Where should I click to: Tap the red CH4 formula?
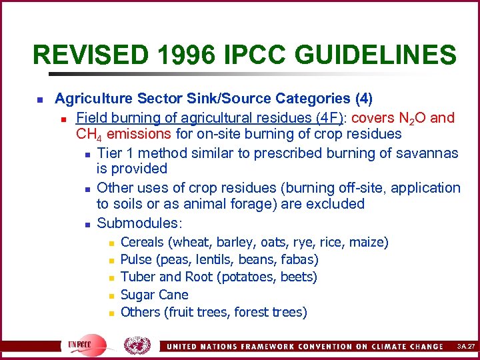point(89,135)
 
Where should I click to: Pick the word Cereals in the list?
point(143,242)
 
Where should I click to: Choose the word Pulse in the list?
point(137,259)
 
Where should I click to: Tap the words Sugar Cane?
point(155,295)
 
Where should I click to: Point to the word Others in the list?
point(140,312)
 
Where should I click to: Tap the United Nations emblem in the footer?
point(137,345)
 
